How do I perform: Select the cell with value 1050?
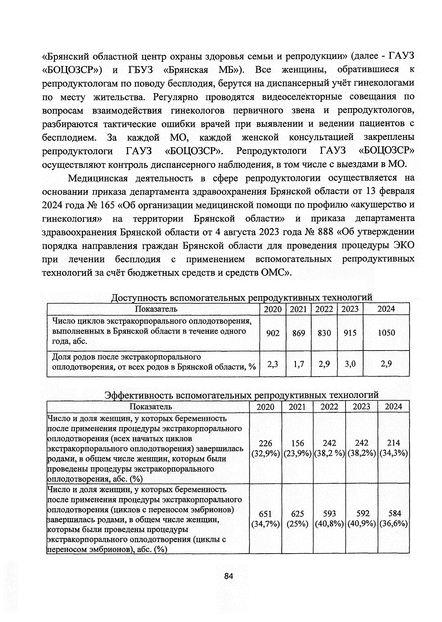pyautogui.click(x=386, y=333)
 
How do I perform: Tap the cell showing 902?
pyautogui.click(x=273, y=333)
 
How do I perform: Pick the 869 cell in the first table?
pyautogui.click(x=298, y=333)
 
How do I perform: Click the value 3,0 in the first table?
pyautogui.click(x=350, y=364)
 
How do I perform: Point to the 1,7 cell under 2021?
pyautogui.click(x=298, y=364)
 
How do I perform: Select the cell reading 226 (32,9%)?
pyautogui.click(x=265, y=448)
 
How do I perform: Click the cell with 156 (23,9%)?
pyautogui.click(x=297, y=448)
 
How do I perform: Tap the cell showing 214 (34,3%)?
pyautogui.click(x=393, y=448)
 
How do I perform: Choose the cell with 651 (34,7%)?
pyautogui.click(x=265, y=519)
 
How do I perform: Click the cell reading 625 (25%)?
pyautogui.click(x=297, y=519)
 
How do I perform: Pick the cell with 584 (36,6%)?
pyautogui.click(x=393, y=519)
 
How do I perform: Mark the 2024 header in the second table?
pyautogui.click(x=393, y=407)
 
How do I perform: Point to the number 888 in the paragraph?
pyautogui.click(x=325, y=232)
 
